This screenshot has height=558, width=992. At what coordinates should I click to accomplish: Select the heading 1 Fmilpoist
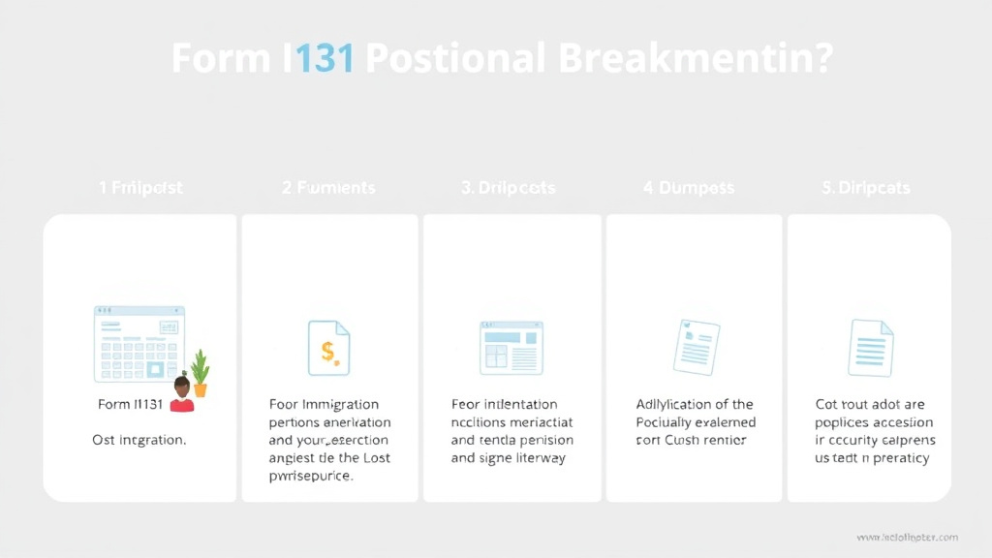click(x=140, y=187)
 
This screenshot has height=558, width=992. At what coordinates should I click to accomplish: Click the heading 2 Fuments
click(x=328, y=187)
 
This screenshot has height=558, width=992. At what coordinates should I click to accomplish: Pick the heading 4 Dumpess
click(x=689, y=187)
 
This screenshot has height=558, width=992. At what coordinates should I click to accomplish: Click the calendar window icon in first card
click(x=139, y=344)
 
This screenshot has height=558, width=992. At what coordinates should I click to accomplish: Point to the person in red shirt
click(x=181, y=395)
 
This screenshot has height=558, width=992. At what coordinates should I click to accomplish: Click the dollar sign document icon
click(x=328, y=349)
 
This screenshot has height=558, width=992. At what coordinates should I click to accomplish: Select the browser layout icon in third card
click(x=511, y=348)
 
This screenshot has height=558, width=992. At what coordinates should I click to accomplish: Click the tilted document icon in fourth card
click(x=696, y=347)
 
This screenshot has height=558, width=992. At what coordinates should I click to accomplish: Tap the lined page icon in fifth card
click(x=870, y=347)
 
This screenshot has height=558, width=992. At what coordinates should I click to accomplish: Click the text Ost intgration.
click(x=139, y=440)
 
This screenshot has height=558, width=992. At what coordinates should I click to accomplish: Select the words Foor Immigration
click(x=324, y=404)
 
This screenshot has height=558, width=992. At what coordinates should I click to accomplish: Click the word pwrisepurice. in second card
click(x=310, y=476)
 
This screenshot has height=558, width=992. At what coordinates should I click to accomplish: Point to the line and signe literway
click(x=508, y=457)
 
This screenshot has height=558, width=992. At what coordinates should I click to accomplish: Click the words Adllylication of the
click(x=694, y=404)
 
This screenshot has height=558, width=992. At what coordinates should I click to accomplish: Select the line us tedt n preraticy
click(x=872, y=457)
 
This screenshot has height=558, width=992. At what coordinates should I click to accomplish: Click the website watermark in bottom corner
click(x=907, y=537)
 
